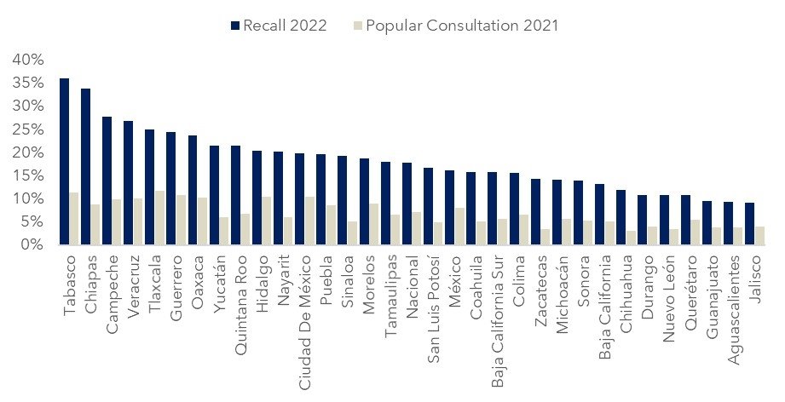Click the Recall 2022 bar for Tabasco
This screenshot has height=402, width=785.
(64, 162)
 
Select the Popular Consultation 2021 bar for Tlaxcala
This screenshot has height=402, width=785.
(159, 218)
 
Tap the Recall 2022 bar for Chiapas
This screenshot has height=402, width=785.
(85, 167)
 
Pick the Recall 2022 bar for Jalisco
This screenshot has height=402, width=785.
(748, 224)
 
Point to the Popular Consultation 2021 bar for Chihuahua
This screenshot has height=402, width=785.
(631, 238)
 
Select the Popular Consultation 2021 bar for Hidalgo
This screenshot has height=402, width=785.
(267, 221)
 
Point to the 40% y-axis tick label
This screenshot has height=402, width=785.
(26, 60)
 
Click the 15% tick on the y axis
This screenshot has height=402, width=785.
(26, 175)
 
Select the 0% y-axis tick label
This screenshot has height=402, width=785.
(31, 244)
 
